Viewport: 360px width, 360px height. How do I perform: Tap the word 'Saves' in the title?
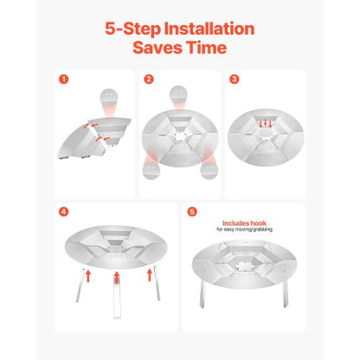tap(157, 48)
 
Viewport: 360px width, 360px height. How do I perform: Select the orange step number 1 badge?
tap(63, 80)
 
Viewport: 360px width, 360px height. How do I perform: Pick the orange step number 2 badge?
tap(149, 80)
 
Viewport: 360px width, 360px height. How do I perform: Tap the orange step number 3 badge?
tap(234, 80)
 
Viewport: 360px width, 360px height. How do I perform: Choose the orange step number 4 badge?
tap(63, 211)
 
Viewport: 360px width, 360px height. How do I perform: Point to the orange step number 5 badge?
tap(191, 211)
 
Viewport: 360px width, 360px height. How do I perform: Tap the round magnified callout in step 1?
tap(107, 96)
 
